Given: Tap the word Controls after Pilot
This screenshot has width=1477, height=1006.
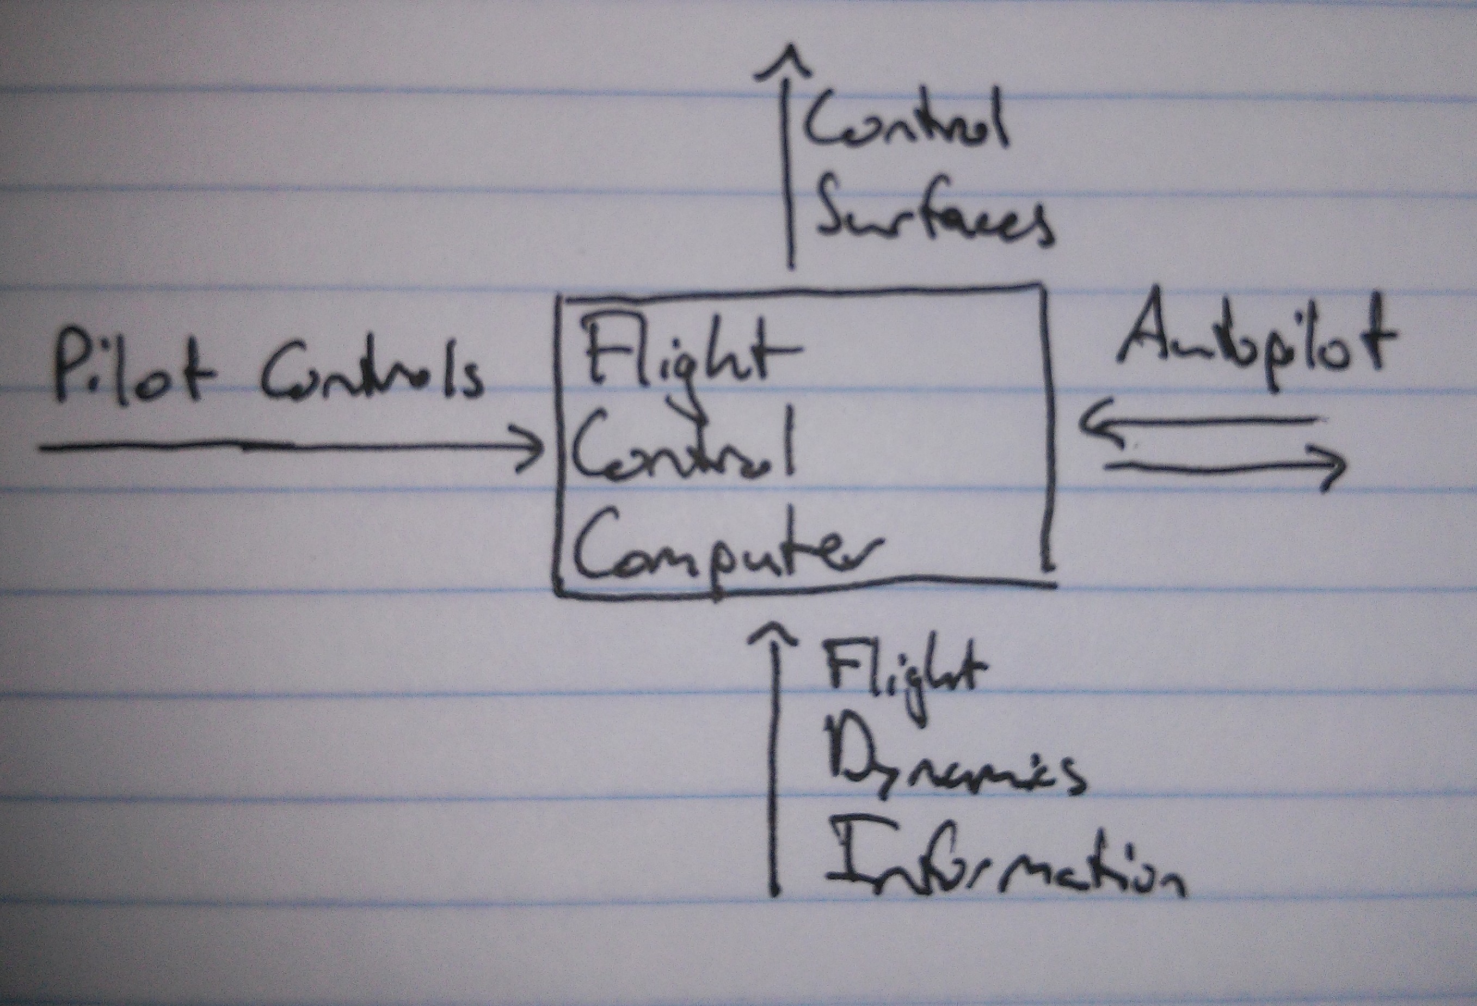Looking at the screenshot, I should click(x=371, y=375).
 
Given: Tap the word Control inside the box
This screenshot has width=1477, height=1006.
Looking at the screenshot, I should click(x=683, y=451).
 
